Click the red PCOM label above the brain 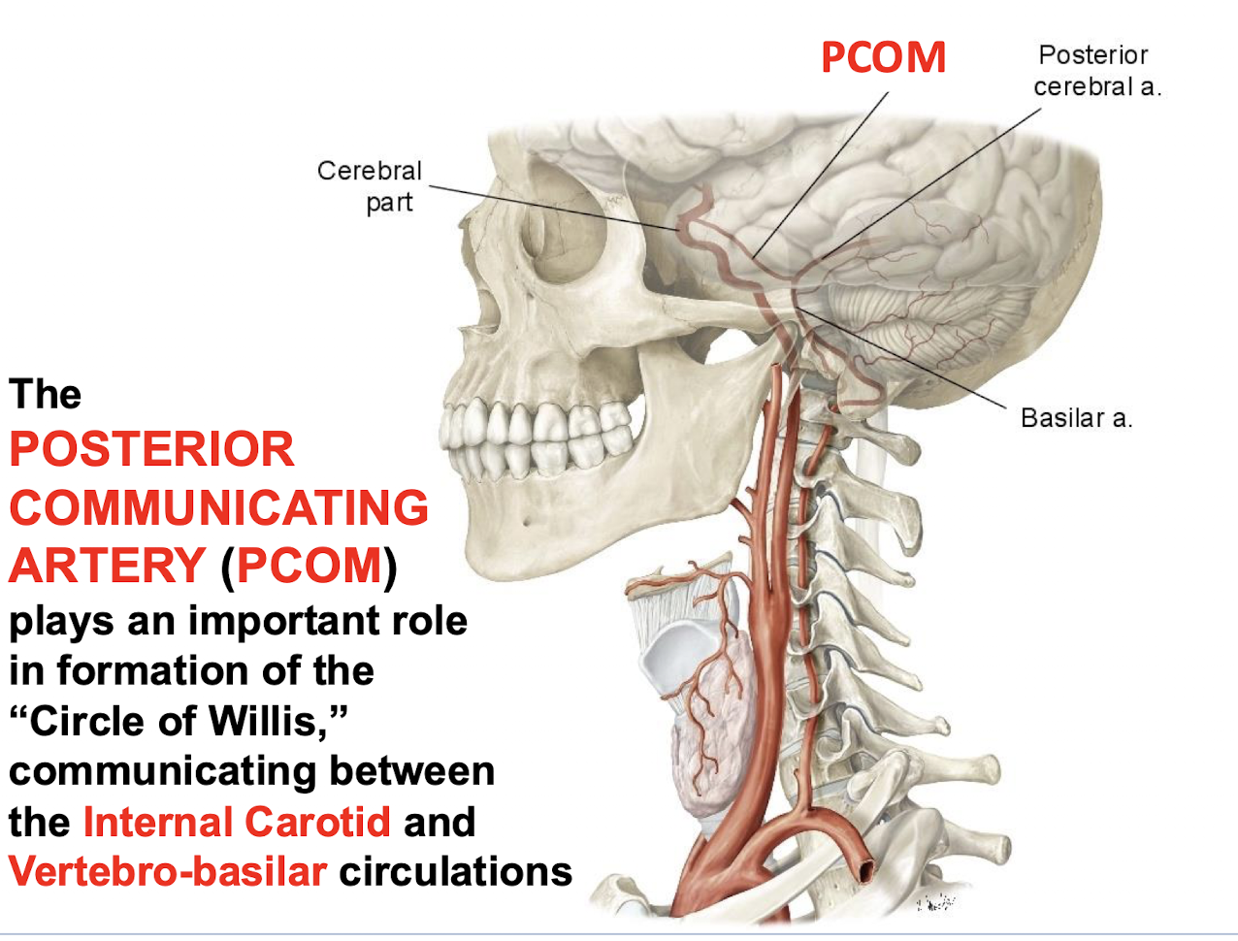(x=883, y=57)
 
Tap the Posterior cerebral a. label (x=1095, y=71)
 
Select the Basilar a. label (x=1076, y=418)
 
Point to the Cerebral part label (x=371, y=185)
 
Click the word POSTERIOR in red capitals (x=151, y=450)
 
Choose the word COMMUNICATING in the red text (x=218, y=508)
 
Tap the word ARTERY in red (x=107, y=566)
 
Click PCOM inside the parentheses (x=309, y=566)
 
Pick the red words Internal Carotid (x=237, y=822)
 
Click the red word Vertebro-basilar (x=167, y=871)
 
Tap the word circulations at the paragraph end (x=455, y=871)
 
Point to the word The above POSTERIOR (x=45, y=395)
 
